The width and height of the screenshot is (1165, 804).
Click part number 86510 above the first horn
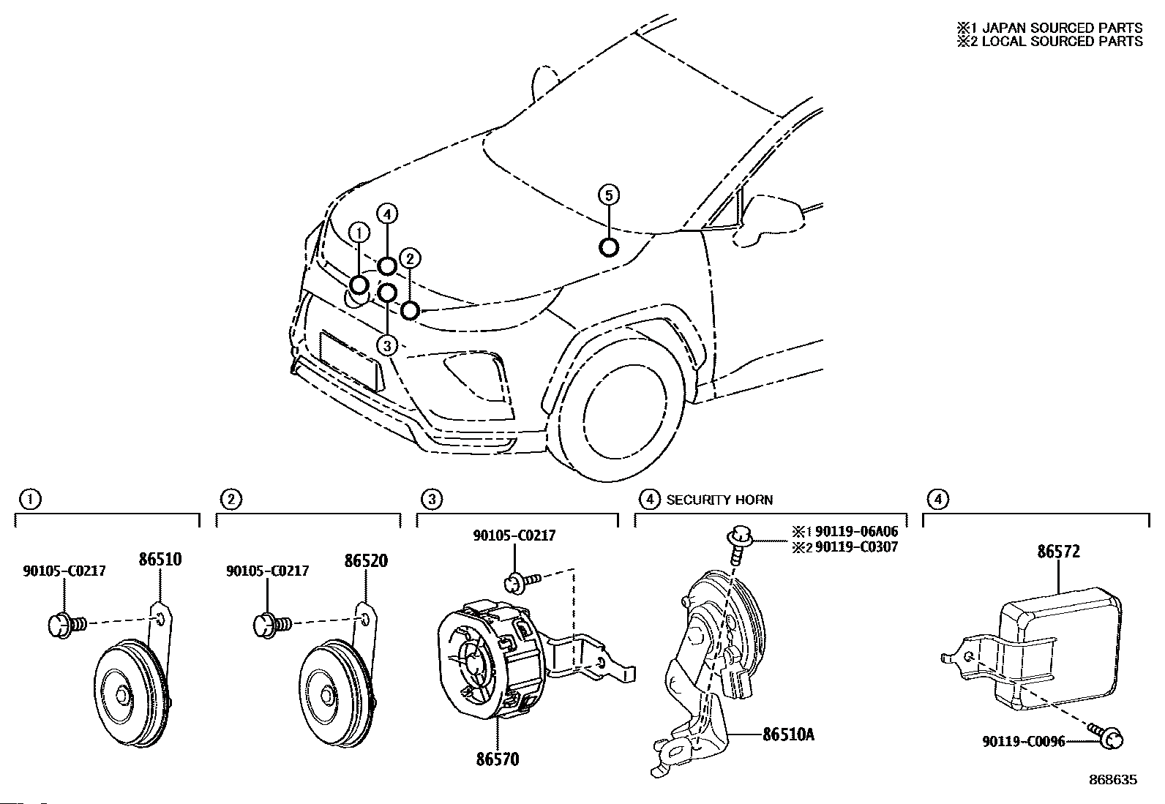click(x=160, y=560)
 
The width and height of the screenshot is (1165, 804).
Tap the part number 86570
click(x=497, y=759)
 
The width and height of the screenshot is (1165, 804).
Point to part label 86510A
click(x=787, y=734)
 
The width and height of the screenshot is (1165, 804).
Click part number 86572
click(x=1057, y=552)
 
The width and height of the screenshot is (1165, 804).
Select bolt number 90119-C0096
click(x=1023, y=742)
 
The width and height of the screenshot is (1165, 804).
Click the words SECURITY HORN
click(x=719, y=500)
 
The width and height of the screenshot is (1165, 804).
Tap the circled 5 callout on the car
click(x=608, y=195)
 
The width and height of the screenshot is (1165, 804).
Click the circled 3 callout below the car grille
click(x=387, y=345)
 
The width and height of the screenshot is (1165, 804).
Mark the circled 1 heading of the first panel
click(x=30, y=500)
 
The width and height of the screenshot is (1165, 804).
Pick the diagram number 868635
click(x=1112, y=780)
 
